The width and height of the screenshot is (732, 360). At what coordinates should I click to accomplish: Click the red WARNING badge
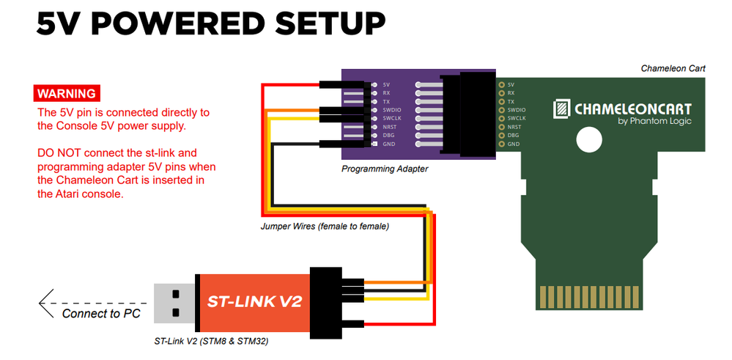coord(67,94)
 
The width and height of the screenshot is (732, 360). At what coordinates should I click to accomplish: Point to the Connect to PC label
coord(101,314)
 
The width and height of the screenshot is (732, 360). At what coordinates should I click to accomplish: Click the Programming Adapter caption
coord(385,169)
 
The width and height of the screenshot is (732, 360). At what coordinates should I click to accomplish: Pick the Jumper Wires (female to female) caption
coord(325,227)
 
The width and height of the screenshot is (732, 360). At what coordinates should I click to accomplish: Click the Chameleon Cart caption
coord(673,69)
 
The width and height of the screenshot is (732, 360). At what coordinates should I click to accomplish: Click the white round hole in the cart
coord(588,139)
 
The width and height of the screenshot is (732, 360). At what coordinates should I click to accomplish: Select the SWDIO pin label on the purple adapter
coord(392,110)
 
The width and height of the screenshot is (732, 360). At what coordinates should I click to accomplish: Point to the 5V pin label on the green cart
coord(511,84)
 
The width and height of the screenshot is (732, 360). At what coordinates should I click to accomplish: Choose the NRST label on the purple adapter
coord(391,127)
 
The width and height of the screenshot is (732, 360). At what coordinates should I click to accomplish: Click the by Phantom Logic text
coord(654,122)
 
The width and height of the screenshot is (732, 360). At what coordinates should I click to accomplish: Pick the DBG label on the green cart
coord(513,136)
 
